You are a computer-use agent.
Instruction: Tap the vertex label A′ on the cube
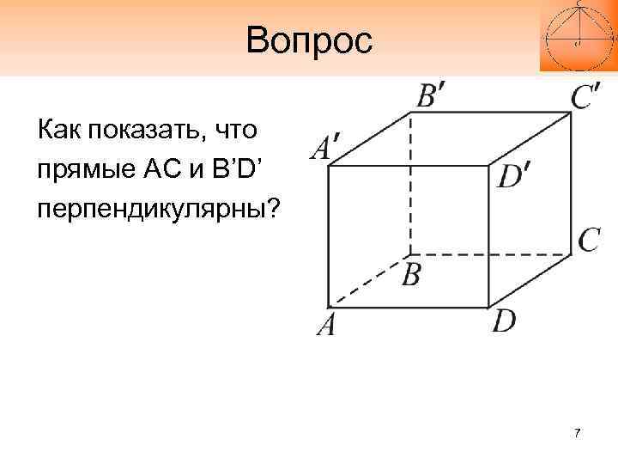[x=322, y=148]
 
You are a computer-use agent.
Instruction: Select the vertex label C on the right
[x=589, y=240]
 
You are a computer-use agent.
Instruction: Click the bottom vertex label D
[x=505, y=321]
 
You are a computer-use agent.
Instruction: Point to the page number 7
[x=578, y=432]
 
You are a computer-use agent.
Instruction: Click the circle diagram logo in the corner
[x=578, y=35]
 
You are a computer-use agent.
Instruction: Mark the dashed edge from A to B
[x=369, y=279]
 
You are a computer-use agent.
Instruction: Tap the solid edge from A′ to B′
[x=369, y=137]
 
